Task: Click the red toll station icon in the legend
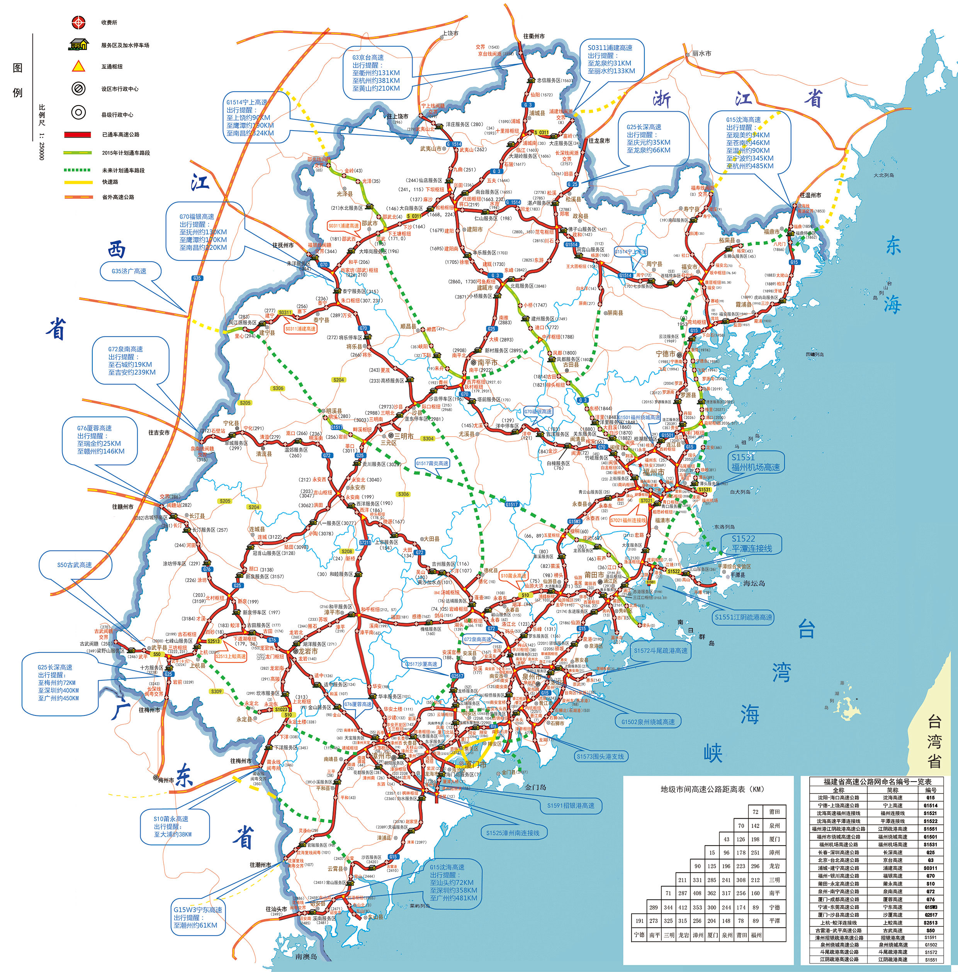pos(78,22)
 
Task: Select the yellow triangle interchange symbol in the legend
pos(78,66)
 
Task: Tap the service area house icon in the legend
pos(78,45)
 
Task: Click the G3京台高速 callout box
pos(376,73)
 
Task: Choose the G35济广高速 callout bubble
pos(129,271)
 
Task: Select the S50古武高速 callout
pos(75,565)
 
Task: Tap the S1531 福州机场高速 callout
pos(755,462)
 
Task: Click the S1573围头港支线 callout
pos(600,756)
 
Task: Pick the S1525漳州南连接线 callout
pos(512,833)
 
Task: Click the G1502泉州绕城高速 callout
pos(647,722)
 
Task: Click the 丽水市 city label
pos(702,53)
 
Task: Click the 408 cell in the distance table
pos(697,893)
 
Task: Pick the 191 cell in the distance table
pos(639,921)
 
